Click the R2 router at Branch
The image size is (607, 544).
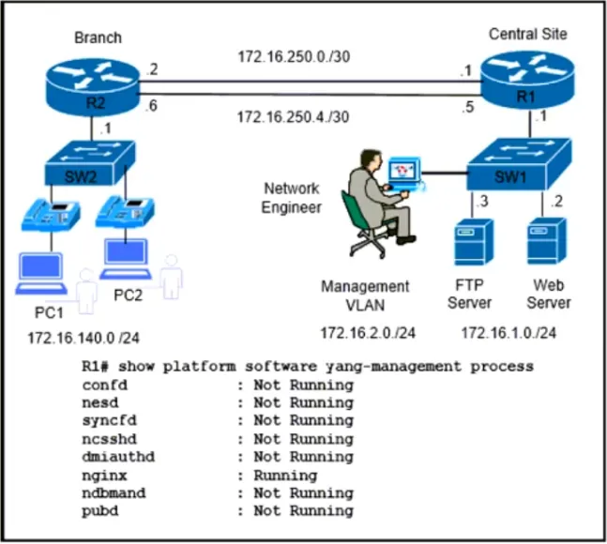tap(92, 86)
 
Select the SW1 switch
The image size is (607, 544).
tap(519, 164)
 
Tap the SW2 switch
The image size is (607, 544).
tap(90, 163)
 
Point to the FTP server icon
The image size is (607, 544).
tap(474, 242)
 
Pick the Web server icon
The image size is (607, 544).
tap(547, 241)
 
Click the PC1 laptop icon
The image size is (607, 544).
tap(40, 274)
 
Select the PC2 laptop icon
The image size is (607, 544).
tap(126, 259)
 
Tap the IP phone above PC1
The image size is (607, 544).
tap(51, 215)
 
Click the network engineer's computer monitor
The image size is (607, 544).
tap(404, 174)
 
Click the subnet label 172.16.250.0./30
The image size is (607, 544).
tap(294, 56)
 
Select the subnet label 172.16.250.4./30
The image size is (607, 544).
tap(293, 116)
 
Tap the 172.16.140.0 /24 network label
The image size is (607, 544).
tap(83, 338)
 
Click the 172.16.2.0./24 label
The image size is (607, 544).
tap(368, 333)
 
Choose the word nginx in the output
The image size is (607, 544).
tap(104, 476)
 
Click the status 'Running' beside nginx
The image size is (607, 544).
tap(285, 476)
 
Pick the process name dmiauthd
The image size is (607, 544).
tap(118, 457)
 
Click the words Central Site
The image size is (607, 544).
tap(527, 34)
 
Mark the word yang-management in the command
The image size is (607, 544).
tap(393, 367)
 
